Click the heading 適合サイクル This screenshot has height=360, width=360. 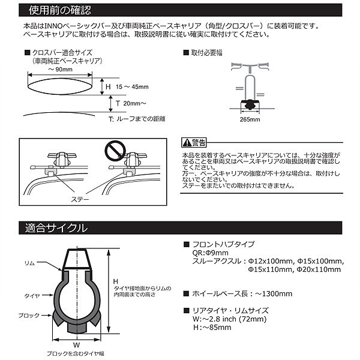(x=53, y=227)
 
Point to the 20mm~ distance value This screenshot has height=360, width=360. (x=134, y=103)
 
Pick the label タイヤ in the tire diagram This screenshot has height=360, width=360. (x=32, y=296)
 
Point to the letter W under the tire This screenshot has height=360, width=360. (x=76, y=345)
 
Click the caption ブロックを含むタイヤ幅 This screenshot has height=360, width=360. (x=76, y=355)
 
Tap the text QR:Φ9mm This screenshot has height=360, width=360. (x=207, y=253)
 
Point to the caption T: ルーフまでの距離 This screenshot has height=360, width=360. (x=136, y=119)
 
